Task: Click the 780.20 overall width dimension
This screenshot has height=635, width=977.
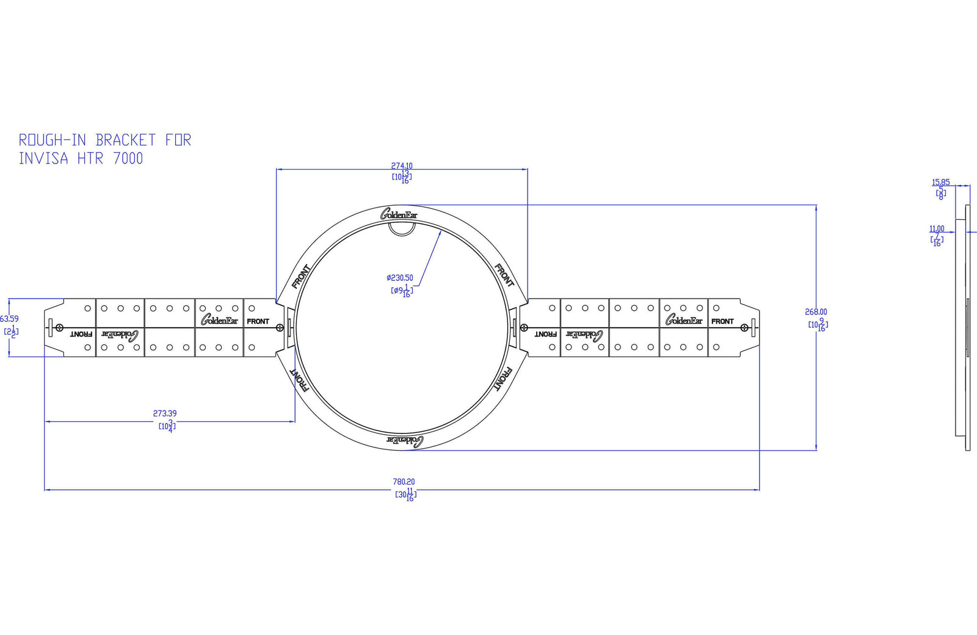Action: point(404,482)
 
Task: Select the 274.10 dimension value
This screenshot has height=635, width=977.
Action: point(402,165)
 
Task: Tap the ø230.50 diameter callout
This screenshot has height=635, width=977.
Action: point(400,278)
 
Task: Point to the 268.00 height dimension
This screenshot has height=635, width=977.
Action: point(816,312)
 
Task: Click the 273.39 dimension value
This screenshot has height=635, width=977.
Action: point(165,413)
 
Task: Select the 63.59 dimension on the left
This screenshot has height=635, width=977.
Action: point(9,319)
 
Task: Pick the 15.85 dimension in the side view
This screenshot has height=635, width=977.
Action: point(940,182)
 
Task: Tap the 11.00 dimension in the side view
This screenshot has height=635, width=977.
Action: point(937,229)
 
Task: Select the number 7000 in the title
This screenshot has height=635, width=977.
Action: point(128,159)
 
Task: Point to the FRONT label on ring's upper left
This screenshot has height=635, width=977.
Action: point(301,276)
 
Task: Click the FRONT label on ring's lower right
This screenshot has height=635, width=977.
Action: point(502,379)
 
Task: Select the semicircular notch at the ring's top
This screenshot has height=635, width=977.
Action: point(402,228)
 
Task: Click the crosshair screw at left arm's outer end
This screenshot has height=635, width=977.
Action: point(59,328)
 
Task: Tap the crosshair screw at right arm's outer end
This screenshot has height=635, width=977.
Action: point(744,328)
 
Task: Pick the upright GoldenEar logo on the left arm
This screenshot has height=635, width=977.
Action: point(219,320)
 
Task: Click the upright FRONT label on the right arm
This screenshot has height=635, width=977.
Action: point(722,321)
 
